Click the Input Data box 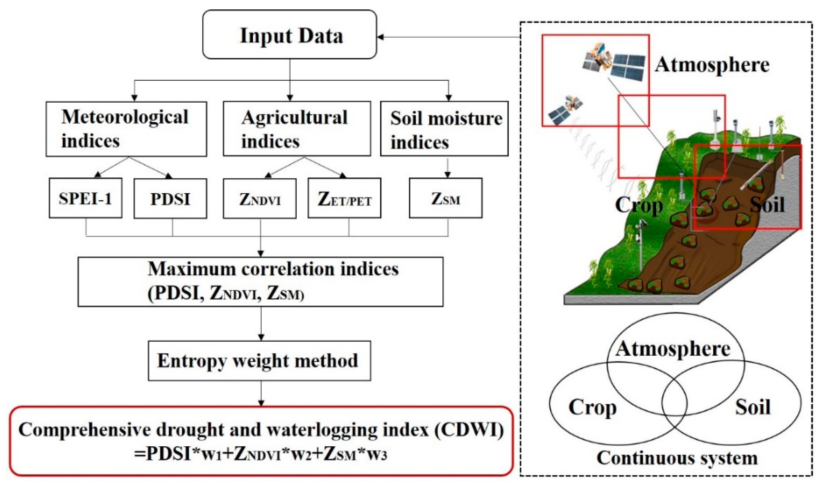(290, 35)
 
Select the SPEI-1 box (86, 198)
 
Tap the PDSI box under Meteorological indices (170, 199)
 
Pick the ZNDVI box (260, 199)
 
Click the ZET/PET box (344, 199)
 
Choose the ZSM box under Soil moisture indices (445, 198)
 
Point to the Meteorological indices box (126, 129)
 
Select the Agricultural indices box (297, 129)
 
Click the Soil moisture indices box (444, 129)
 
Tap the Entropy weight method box (259, 361)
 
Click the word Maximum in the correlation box (191, 269)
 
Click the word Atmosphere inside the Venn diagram (673, 349)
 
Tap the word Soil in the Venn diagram (753, 407)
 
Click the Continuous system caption (677, 458)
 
